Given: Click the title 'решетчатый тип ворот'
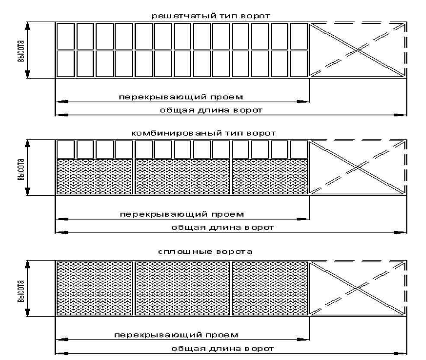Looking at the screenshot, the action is click(211, 16).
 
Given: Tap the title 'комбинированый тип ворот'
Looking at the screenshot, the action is click(204, 133).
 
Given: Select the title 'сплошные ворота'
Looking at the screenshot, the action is click(205, 252).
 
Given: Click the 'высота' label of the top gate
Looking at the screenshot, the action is click(21, 51).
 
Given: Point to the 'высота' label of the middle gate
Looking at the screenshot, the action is click(21, 169).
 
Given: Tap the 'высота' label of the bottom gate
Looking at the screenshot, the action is click(21, 291).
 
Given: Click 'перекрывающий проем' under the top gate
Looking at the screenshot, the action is click(181, 97).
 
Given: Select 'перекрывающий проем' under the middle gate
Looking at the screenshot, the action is click(182, 214).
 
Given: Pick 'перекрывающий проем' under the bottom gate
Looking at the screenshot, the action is click(176, 335).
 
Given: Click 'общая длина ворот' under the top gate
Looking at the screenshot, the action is click(211, 110).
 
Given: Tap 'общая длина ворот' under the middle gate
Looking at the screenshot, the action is click(222, 227).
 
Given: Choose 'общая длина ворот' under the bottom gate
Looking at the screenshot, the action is click(222, 349).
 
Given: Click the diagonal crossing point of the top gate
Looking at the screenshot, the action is click(358, 50).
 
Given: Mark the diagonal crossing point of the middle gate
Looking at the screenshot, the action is click(358, 167).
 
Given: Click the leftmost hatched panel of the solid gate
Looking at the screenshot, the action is click(94, 288).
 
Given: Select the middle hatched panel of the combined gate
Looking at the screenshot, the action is click(183, 176).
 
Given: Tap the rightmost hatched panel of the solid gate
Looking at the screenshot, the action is click(270, 288).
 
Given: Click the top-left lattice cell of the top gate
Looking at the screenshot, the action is click(65, 36).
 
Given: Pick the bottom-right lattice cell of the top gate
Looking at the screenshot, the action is click(299, 64).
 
